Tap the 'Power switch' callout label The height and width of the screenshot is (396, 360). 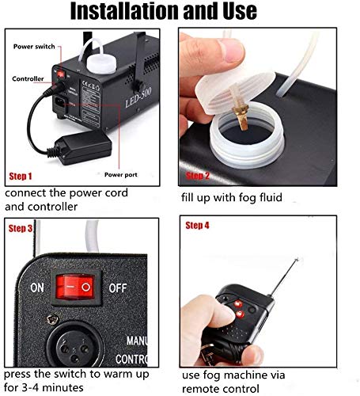[36, 47]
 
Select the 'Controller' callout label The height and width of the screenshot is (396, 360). [28, 78]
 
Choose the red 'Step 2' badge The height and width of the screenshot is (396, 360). [197, 176]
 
